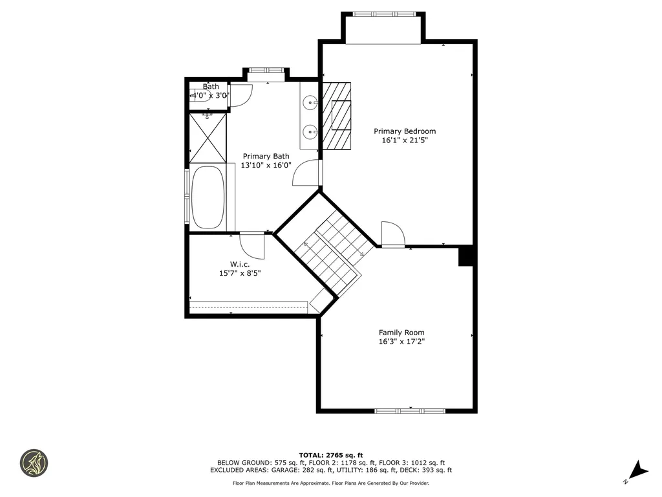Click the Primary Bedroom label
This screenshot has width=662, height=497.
tap(405, 131)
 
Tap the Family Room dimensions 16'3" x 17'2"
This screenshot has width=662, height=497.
tap(401, 342)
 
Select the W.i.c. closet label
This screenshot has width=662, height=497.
tap(240, 264)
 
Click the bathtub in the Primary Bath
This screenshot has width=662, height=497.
tap(207, 197)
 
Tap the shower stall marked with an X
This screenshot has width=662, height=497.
tap(208, 138)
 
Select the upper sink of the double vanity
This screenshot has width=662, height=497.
tap(311, 102)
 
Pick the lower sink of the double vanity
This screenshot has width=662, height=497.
tap(311, 132)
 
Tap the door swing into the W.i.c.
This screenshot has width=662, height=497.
tap(252, 245)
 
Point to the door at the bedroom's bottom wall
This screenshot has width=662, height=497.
tap(392, 234)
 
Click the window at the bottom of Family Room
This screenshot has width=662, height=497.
tap(410, 410)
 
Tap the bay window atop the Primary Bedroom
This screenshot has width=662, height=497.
tap(384, 14)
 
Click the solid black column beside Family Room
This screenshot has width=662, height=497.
tap(467, 256)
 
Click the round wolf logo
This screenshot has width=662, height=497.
tap(34, 463)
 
